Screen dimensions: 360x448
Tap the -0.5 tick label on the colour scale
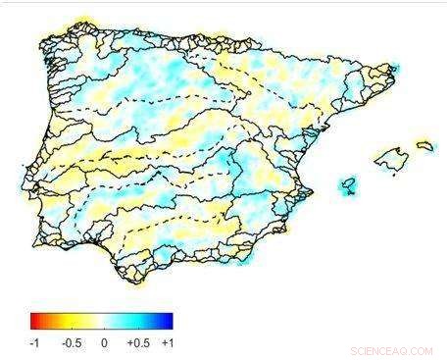[x=71, y=343]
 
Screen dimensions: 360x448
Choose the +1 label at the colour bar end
[x=168, y=343]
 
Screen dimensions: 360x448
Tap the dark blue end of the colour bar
[x=169, y=321]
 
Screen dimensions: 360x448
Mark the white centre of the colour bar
[x=102, y=321]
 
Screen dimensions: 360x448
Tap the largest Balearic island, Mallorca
[x=390, y=157]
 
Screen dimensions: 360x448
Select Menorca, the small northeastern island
[x=424, y=145]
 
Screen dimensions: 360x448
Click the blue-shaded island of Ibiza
[x=347, y=183]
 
